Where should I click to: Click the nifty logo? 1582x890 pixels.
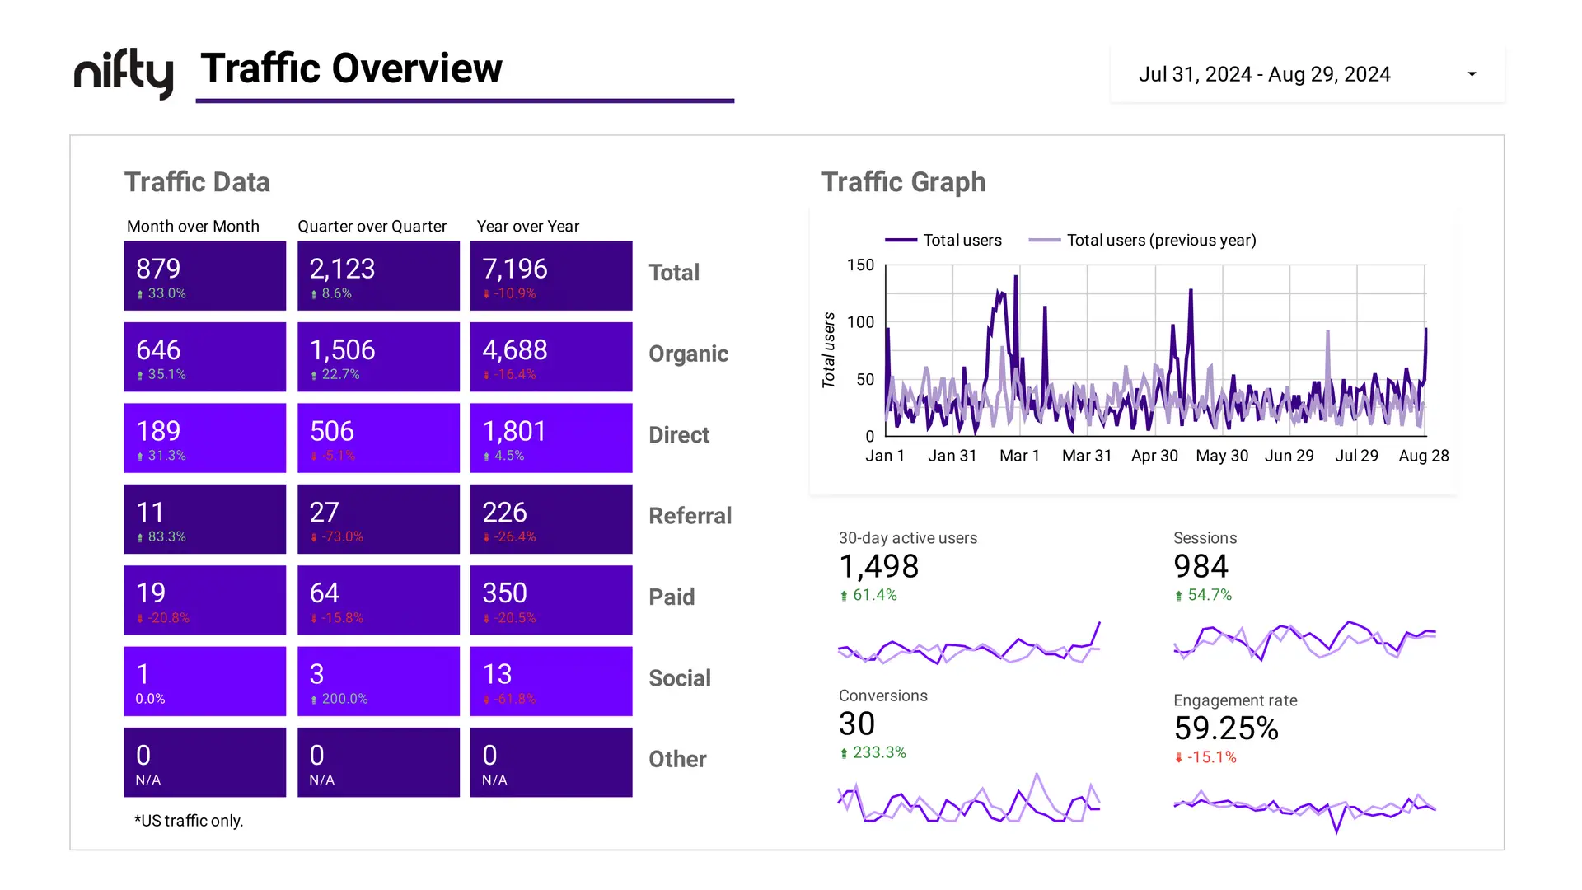(124, 73)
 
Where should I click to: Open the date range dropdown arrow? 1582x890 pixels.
(1472, 74)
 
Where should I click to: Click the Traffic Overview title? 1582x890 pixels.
(351, 68)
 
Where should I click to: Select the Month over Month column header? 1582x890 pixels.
(193, 226)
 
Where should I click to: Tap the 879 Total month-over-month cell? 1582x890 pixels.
(204, 275)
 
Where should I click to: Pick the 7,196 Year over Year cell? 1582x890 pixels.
(550, 275)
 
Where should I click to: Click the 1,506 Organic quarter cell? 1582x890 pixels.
(378, 356)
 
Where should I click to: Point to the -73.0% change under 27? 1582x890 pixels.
(342, 536)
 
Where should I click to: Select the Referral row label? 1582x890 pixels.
(690, 516)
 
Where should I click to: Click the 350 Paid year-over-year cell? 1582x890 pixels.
(550, 600)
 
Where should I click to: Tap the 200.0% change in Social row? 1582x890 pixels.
(344, 699)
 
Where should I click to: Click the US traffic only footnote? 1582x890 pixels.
(189, 821)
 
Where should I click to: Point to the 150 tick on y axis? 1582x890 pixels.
(860, 265)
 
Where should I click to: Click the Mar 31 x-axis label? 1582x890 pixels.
(1086, 456)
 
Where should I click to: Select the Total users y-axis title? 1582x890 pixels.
(829, 350)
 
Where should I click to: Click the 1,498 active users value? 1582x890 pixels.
(878, 566)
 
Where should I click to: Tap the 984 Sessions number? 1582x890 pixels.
(1201, 566)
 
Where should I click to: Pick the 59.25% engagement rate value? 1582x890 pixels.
(1225, 728)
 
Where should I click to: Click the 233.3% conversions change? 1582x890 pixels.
(878, 752)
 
